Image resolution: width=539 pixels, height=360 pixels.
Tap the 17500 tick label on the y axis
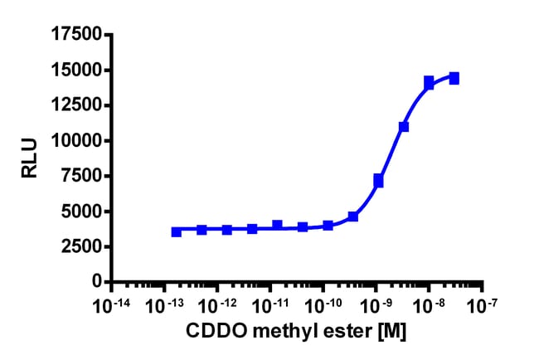pyautogui.click(x=75, y=35)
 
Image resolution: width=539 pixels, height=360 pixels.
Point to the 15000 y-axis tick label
pyautogui.click(x=75, y=71)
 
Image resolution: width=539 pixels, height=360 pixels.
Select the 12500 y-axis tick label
pyautogui.click(x=75, y=105)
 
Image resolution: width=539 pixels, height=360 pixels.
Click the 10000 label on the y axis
pyautogui.click(x=75, y=141)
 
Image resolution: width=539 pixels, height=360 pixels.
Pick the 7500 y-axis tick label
pyautogui.click(x=80, y=177)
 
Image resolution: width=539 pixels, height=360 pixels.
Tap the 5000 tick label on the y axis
pyautogui.click(x=80, y=212)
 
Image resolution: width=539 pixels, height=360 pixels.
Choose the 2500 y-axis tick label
pyautogui.click(x=80, y=247)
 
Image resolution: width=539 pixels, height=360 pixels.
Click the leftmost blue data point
pyautogui.click(x=177, y=231)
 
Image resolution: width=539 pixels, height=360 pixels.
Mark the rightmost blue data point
pyautogui.click(x=454, y=78)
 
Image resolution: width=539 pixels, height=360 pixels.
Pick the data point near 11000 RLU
pyautogui.click(x=404, y=127)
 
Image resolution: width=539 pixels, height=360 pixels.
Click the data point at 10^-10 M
pyautogui.click(x=328, y=225)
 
